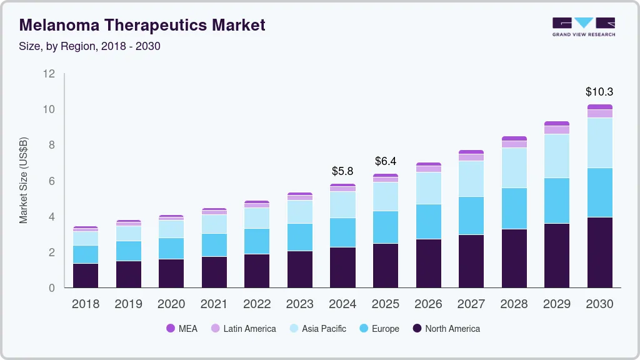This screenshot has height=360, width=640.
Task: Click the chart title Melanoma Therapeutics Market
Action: pyautogui.click(x=142, y=25)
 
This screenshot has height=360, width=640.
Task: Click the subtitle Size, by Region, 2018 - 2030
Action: pyautogui.click(x=90, y=46)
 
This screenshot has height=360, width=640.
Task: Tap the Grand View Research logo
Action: pyautogui.click(x=583, y=26)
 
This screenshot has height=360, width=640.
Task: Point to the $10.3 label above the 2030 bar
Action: pyautogui.click(x=599, y=92)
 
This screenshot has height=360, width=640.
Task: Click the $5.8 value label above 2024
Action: pyautogui.click(x=342, y=171)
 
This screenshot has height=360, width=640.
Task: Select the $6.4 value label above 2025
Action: pyautogui.click(x=386, y=161)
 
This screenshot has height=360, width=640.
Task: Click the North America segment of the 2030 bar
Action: pyautogui.click(x=599, y=252)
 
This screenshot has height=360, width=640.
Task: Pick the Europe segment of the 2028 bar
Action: pyautogui.click(x=514, y=209)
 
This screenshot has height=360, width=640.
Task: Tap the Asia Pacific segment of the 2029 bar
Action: pyautogui.click(x=556, y=156)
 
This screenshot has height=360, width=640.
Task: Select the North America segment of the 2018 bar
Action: pyautogui.click(x=85, y=276)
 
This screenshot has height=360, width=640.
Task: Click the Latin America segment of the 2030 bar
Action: pyautogui.click(x=599, y=114)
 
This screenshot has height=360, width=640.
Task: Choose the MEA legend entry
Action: pyautogui.click(x=182, y=329)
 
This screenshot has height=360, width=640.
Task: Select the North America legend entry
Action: pyautogui.click(x=446, y=329)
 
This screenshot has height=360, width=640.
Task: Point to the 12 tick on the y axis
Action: pyautogui.click(x=49, y=74)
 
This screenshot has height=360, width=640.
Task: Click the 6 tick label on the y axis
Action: pyautogui.click(x=52, y=181)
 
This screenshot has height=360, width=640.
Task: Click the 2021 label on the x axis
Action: pyautogui.click(x=214, y=304)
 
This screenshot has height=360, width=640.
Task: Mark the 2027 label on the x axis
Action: pyautogui.click(x=471, y=304)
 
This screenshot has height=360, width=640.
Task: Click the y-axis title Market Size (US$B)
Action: pyautogui.click(x=24, y=180)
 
